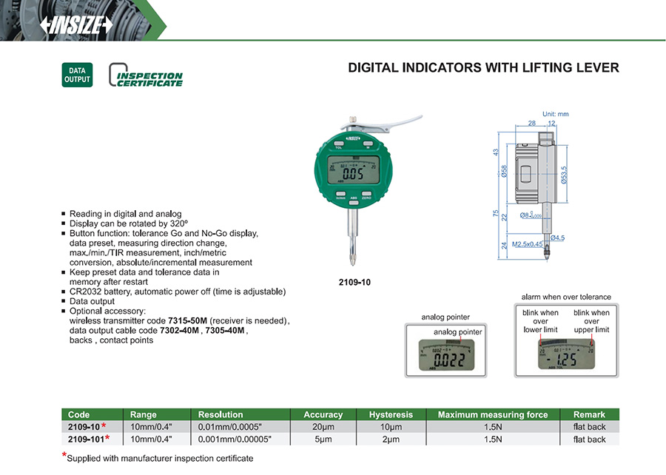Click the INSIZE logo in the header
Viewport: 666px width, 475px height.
pyautogui.click(x=76, y=24)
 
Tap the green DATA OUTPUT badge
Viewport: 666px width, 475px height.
pyautogui.click(x=77, y=75)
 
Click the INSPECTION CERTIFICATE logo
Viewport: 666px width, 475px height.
pyautogui.click(x=146, y=76)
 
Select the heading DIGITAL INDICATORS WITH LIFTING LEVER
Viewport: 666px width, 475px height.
pyautogui.click(x=483, y=68)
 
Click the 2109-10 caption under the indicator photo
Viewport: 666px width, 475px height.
pyautogui.click(x=354, y=282)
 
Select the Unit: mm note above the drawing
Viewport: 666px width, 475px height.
pyautogui.click(x=555, y=114)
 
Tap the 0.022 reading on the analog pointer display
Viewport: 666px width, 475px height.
pyautogui.click(x=450, y=362)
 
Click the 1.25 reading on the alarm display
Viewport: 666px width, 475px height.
pyautogui.click(x=566, y=361)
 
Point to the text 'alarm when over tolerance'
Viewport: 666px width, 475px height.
pyautogui.click(x=566, y=297)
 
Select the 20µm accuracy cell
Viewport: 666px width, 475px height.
pyautogui.click(x=323, y=427)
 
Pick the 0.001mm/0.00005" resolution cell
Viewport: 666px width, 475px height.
pyautogui.click(x=235, y=439)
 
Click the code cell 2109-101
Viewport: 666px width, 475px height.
pyautogui.click(x=86, y=439)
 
